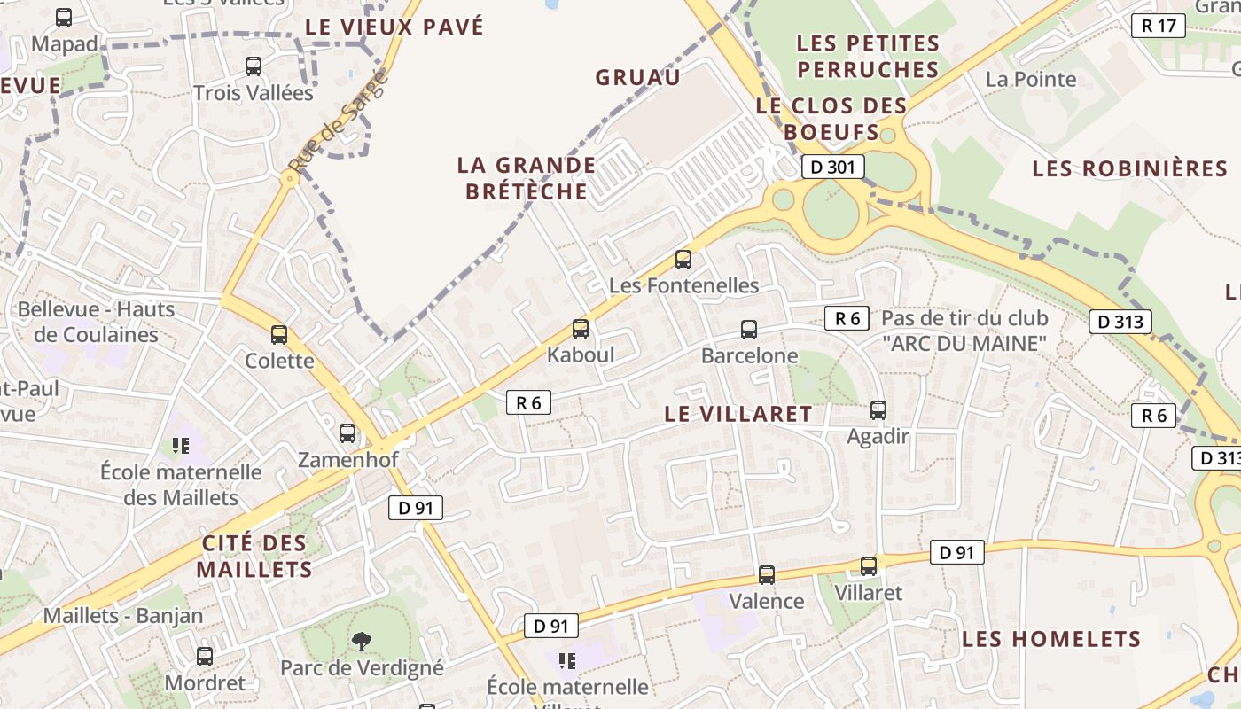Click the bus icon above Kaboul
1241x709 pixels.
[581, 329]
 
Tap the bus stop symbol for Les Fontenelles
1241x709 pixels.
[683, 260]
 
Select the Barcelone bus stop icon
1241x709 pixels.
[749, 330]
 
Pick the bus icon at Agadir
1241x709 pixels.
[878, 410]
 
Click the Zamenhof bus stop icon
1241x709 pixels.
[347, 433]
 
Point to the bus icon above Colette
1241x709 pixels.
[279, 334]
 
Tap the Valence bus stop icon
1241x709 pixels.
[767, 575]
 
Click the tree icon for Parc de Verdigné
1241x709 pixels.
[361, 640]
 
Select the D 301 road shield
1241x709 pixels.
[832, 167]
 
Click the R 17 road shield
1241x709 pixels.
[1159, 26]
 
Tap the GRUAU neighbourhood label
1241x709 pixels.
[638, 77]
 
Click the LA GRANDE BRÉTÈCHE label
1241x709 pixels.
[527, 178]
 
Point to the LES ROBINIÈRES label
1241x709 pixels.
[1129, 168]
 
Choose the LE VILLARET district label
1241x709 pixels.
[738, 414]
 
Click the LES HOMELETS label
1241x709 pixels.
[1051, 639]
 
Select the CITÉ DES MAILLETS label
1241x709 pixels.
[254, 557]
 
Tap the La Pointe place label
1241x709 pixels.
[1031, 79]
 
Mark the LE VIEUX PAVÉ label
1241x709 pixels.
[394, 27]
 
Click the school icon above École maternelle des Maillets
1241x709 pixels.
[181, 445]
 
